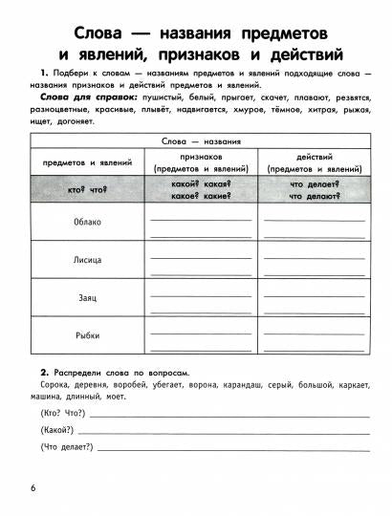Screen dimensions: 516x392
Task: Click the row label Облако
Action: coord(86,222)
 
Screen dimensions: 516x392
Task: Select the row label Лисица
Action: coord(86,260)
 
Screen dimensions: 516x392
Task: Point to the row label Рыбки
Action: coord(86,334)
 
